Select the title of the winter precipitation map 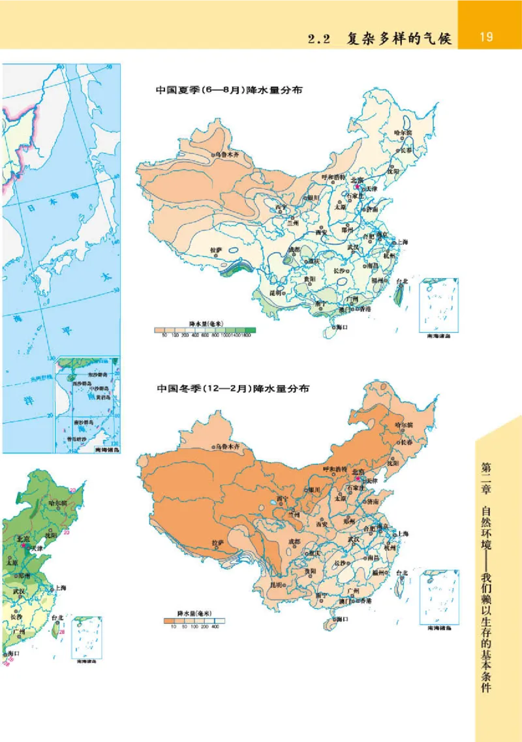pyautogui.click(x=232, y=388)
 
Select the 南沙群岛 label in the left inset pyautogui.click(x=85, y=422)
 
